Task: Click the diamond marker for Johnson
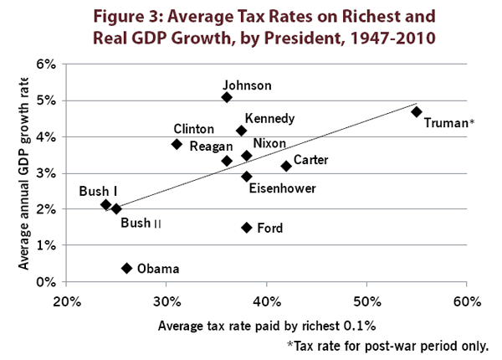[x=227, y=97]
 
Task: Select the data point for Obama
[x=126, y=268]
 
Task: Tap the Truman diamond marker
[x=417, y=111]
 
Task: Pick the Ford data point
[x=247, y=228]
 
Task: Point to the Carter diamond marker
[x=286, y=166]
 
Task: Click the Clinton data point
[x=177, y=144]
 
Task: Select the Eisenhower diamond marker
[x=247, y=177]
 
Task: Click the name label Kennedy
[x=269, y=118]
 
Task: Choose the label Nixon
[x=269, y=143]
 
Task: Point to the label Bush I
[x=97, y=192]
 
